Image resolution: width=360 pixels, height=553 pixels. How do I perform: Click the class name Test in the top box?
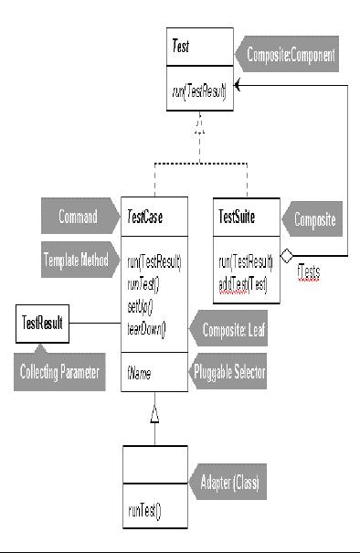[181, 46]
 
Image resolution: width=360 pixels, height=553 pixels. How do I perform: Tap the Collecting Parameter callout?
[62, 372]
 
